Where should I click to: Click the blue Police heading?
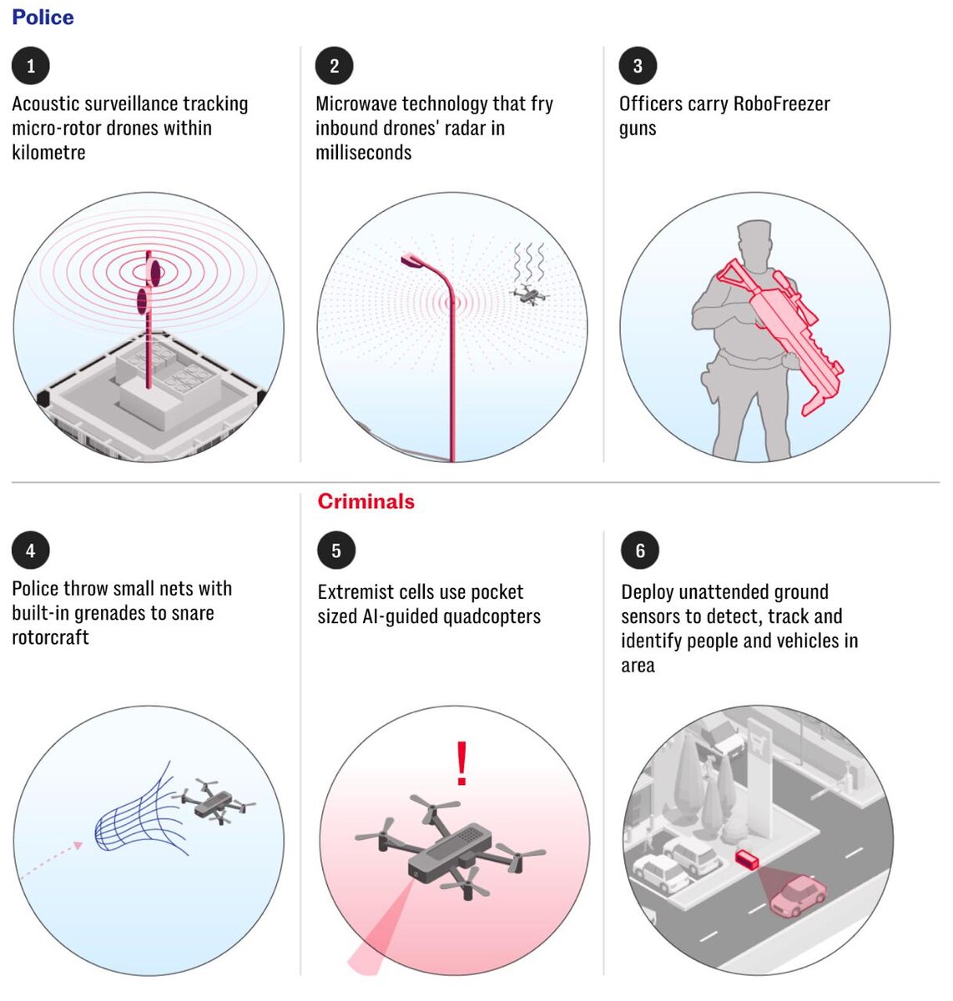coord(43,18)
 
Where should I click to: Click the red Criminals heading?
coord(366,501)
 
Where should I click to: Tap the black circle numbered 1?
coord(31,66)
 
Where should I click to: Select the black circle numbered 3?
coord(638,66)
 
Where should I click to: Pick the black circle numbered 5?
coord(336,551)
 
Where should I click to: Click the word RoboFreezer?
coord(782,104)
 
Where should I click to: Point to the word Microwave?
coord(356,104)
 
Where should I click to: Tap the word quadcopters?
coord(492,616)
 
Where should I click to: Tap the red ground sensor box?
coord(747,859)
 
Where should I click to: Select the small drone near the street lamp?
coord(529,294)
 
